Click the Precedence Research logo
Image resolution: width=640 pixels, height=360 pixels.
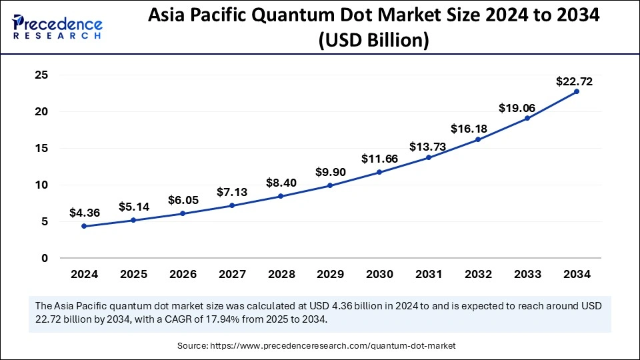click(x=57, y=27)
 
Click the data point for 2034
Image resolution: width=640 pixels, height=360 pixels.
click(x=577, y=91)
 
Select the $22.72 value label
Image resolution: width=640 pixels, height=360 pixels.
click(x=574, y=82)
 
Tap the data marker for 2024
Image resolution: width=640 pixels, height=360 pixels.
click(x=84, y=226)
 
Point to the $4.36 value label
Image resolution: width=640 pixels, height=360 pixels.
click(x=84, y=214)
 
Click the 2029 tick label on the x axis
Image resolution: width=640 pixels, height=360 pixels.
click(x=330, y=273)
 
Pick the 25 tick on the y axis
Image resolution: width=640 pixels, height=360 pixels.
click(x=41, y=75)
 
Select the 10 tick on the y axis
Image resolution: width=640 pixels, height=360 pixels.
click(x=41, y=185)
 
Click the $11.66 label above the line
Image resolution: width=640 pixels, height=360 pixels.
click(x=379, y=159)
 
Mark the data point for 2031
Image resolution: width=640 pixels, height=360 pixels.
click(x=429, y=157)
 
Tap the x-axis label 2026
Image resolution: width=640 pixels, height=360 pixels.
click(x=183, y=273)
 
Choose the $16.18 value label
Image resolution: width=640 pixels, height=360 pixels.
click(x=478, y=128)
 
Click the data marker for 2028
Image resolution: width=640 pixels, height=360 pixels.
click(x=281, y=196)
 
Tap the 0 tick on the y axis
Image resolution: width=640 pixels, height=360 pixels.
click(x=45, y=258)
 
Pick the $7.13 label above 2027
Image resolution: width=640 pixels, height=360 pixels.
click(x=231, y=192)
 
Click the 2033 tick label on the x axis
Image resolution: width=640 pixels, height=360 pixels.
click(x=527, y=273)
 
